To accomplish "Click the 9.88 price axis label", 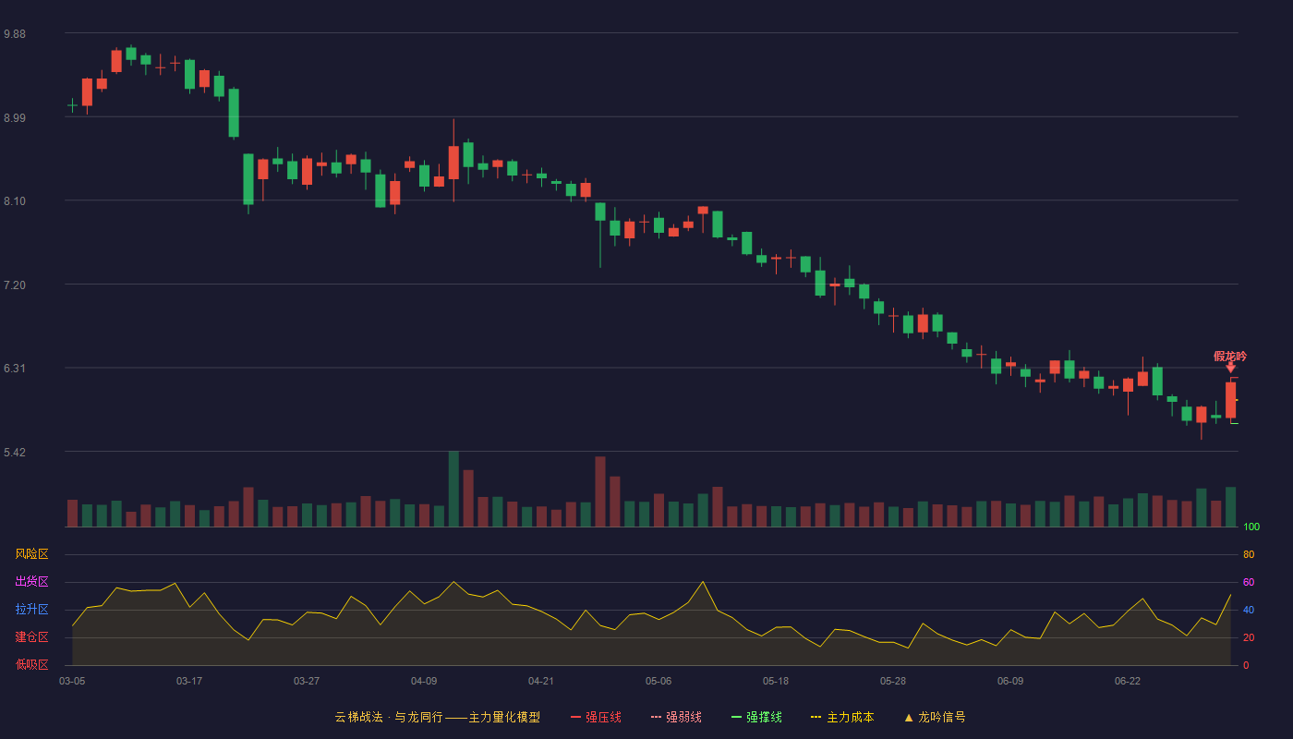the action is tap(15, 34).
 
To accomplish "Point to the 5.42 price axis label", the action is tap(15, 452).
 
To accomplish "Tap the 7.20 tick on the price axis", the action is tap(15, 285).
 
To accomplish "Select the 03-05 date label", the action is tap(72, 682).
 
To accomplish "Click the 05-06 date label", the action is tap(659, 682).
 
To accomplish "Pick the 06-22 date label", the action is tap(1128, 682).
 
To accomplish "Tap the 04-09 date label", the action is tap(424, 682).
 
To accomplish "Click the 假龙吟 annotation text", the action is tap(1230, 357).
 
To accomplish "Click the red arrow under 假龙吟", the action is tap(1230, 368).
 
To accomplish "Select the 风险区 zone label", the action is tap(31, 554).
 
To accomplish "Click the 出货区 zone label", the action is tap(31, 581).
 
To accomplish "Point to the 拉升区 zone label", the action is tap(31, 609).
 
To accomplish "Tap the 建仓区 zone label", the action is tap(31, 636).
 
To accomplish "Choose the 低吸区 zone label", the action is tap(31, 664).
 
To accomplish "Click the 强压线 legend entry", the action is tap(596, 717).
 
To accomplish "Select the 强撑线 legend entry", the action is tap(756, 717).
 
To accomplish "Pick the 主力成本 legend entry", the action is tap(842, 717).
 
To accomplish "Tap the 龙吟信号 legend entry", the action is tap(935, 717).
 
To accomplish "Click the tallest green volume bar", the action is tap(453, 489).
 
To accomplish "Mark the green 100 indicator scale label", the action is tap(1251, 527).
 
